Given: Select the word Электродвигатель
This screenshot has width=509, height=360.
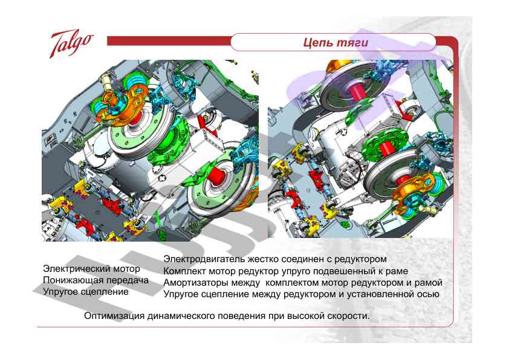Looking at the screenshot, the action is (x=204, y=259).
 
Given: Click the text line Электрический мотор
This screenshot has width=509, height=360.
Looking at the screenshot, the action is (x=91, y=269).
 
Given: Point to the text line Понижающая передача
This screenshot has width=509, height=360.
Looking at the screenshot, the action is (x=96, y=280).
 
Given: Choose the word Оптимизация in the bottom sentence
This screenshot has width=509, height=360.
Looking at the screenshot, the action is (x=114, y=316).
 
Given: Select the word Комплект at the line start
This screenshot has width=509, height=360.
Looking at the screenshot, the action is (x=183, y=271).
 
